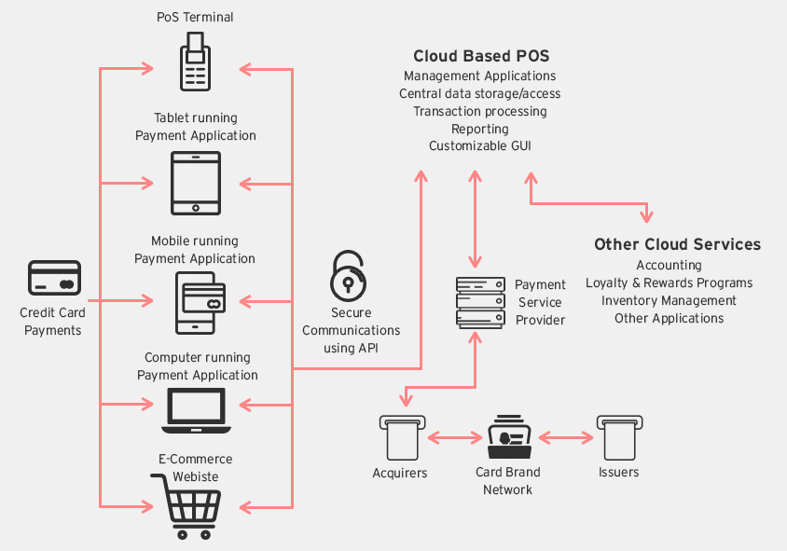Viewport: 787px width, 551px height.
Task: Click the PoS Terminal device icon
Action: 196,61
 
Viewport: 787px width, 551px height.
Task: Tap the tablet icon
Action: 196,183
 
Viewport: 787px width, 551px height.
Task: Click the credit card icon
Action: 54,279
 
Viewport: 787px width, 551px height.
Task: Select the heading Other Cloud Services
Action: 677,244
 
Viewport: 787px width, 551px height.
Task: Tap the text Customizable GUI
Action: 480,146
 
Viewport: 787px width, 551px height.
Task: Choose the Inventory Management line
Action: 669,300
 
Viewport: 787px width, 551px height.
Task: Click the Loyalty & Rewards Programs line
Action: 669,282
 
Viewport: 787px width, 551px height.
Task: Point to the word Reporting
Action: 480,129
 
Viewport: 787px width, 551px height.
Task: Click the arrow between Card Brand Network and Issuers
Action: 566,436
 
